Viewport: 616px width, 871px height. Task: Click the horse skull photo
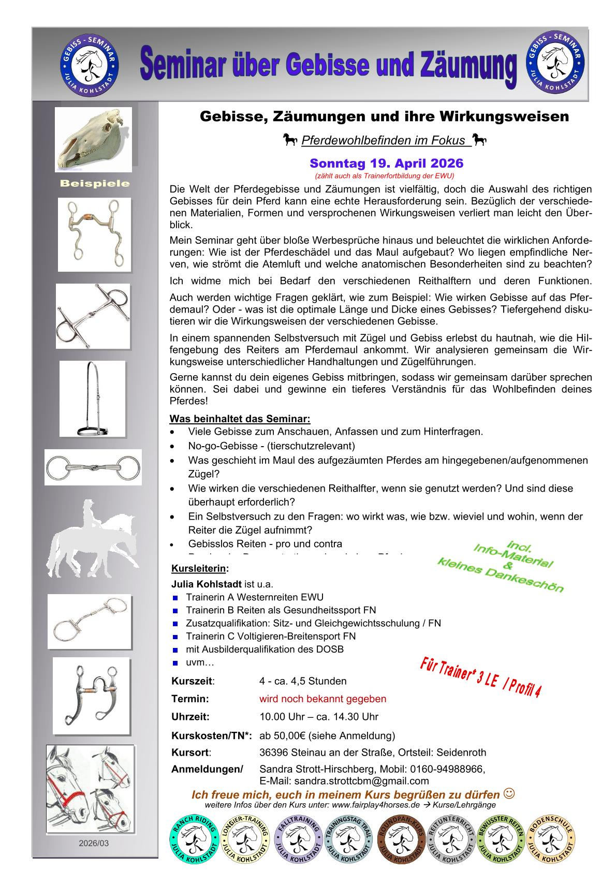[x=94, y=139]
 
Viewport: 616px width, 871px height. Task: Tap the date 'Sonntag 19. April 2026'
[x=386, y=164]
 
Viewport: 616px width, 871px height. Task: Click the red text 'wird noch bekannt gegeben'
[x=322, y=699]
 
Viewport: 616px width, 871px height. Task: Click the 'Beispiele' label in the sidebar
[x=95, y=184]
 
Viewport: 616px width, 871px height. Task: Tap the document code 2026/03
[x=94, y=843]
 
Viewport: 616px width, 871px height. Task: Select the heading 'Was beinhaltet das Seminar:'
[x=240, y=418]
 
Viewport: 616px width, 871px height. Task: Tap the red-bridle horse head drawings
[x=90, y=789]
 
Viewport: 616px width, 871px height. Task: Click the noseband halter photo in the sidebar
[x=93, y=398]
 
